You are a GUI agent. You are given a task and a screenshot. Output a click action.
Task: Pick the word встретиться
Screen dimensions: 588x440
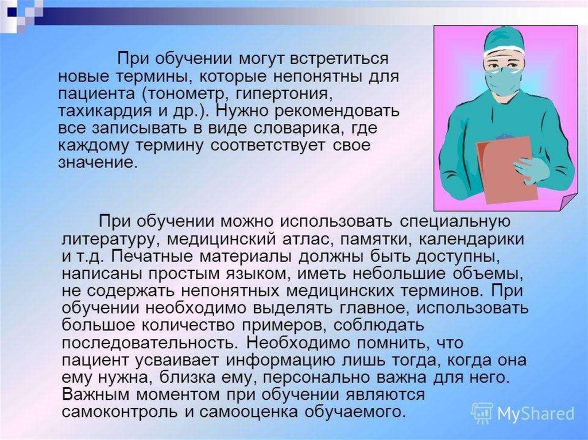point(331,59)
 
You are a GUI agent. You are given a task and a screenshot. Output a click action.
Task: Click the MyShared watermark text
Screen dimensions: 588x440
point(536,414)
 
